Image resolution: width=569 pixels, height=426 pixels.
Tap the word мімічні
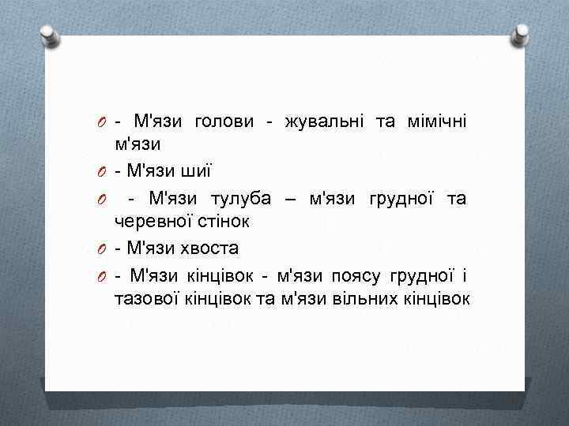coord(435,121)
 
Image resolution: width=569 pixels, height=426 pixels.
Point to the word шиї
coord(198,170)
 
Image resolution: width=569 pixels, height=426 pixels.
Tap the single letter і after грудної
coord(465,274)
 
